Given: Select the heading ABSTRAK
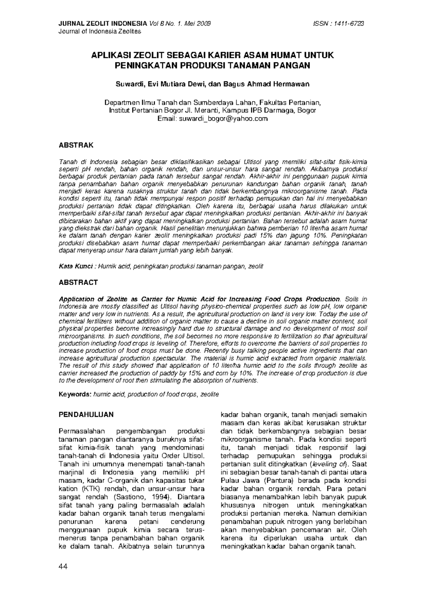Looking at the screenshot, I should (x=76, y=145).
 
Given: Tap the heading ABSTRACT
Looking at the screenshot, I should (x=78, y=282).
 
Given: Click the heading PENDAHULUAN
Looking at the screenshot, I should (x=86, y=414).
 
